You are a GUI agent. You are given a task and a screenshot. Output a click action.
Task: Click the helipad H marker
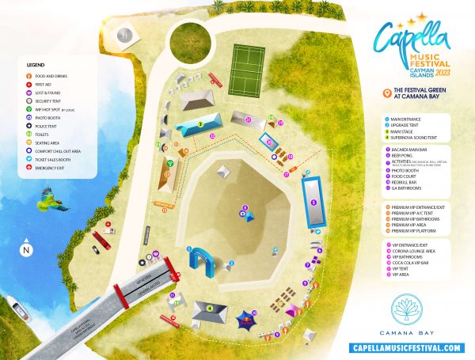(x=123, y=35)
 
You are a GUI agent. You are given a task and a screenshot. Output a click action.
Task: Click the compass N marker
(x=27, y=250)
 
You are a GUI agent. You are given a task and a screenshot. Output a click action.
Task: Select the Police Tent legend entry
(x=47, y=126)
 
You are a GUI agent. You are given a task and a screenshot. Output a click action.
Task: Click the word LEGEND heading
(x=35, y=64)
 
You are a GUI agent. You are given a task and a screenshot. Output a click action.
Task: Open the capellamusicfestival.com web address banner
(x=405, y=347)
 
